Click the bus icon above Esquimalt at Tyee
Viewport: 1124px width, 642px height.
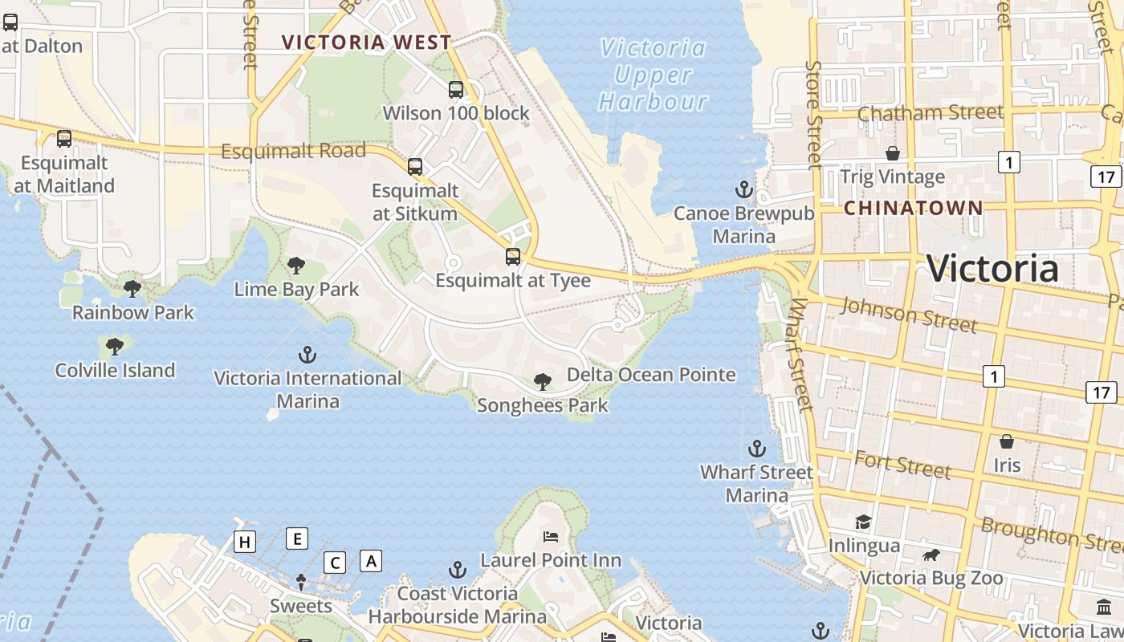[512, 257]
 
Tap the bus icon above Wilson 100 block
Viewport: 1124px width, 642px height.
[456, 90]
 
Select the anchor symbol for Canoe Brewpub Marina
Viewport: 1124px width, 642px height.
[744, 190]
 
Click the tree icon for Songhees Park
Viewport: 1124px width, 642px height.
[543, 382]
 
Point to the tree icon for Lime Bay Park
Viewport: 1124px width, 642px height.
[296, 266]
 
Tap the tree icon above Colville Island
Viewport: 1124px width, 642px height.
[115, 347]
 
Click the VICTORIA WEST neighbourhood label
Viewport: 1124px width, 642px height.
[367, 43]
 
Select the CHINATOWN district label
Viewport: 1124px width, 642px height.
[914, 208]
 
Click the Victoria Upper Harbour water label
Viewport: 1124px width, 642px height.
[654, 75]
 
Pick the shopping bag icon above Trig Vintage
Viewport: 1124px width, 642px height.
[892, 153]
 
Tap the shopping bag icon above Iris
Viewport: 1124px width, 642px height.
[1006, 441]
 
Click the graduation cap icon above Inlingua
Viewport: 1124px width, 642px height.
[863, 522]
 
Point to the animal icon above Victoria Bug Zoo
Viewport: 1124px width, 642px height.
[931, 555]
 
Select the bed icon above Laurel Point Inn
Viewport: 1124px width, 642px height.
[551, 536]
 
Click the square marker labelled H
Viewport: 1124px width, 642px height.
[245, 542]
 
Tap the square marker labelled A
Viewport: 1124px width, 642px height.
[371, 560]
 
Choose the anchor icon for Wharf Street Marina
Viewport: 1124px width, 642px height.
[756, 449]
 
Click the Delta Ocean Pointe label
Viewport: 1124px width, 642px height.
[651, 375]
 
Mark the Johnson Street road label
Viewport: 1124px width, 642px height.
[909, 313]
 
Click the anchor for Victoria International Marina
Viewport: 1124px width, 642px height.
[307, 354]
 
